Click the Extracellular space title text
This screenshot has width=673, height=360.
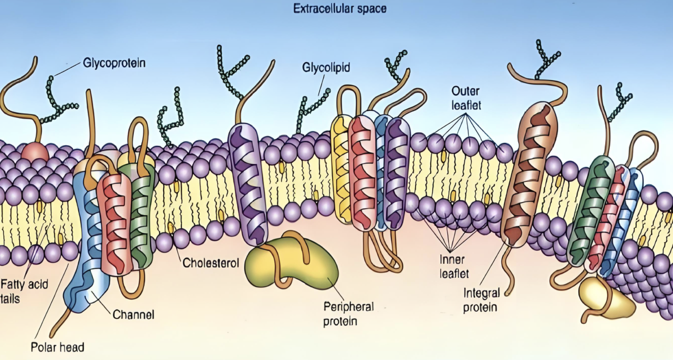coord(339,9)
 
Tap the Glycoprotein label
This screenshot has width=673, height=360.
coord(114,63)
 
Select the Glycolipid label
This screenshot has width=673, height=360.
coord(326,67)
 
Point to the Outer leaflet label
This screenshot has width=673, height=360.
coord(466,98)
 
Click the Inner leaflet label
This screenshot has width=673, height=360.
coord(453,267)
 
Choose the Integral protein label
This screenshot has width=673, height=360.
coord(481,300)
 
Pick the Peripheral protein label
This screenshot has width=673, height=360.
coord(348,314)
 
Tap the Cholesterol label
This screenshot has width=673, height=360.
coord(211,263)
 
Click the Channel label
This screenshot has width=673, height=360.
coord(133,314)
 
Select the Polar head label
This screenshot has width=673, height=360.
coord(57,347)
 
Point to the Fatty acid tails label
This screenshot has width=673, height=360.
coord(24,291)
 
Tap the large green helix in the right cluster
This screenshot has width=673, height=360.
coord(590,209)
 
